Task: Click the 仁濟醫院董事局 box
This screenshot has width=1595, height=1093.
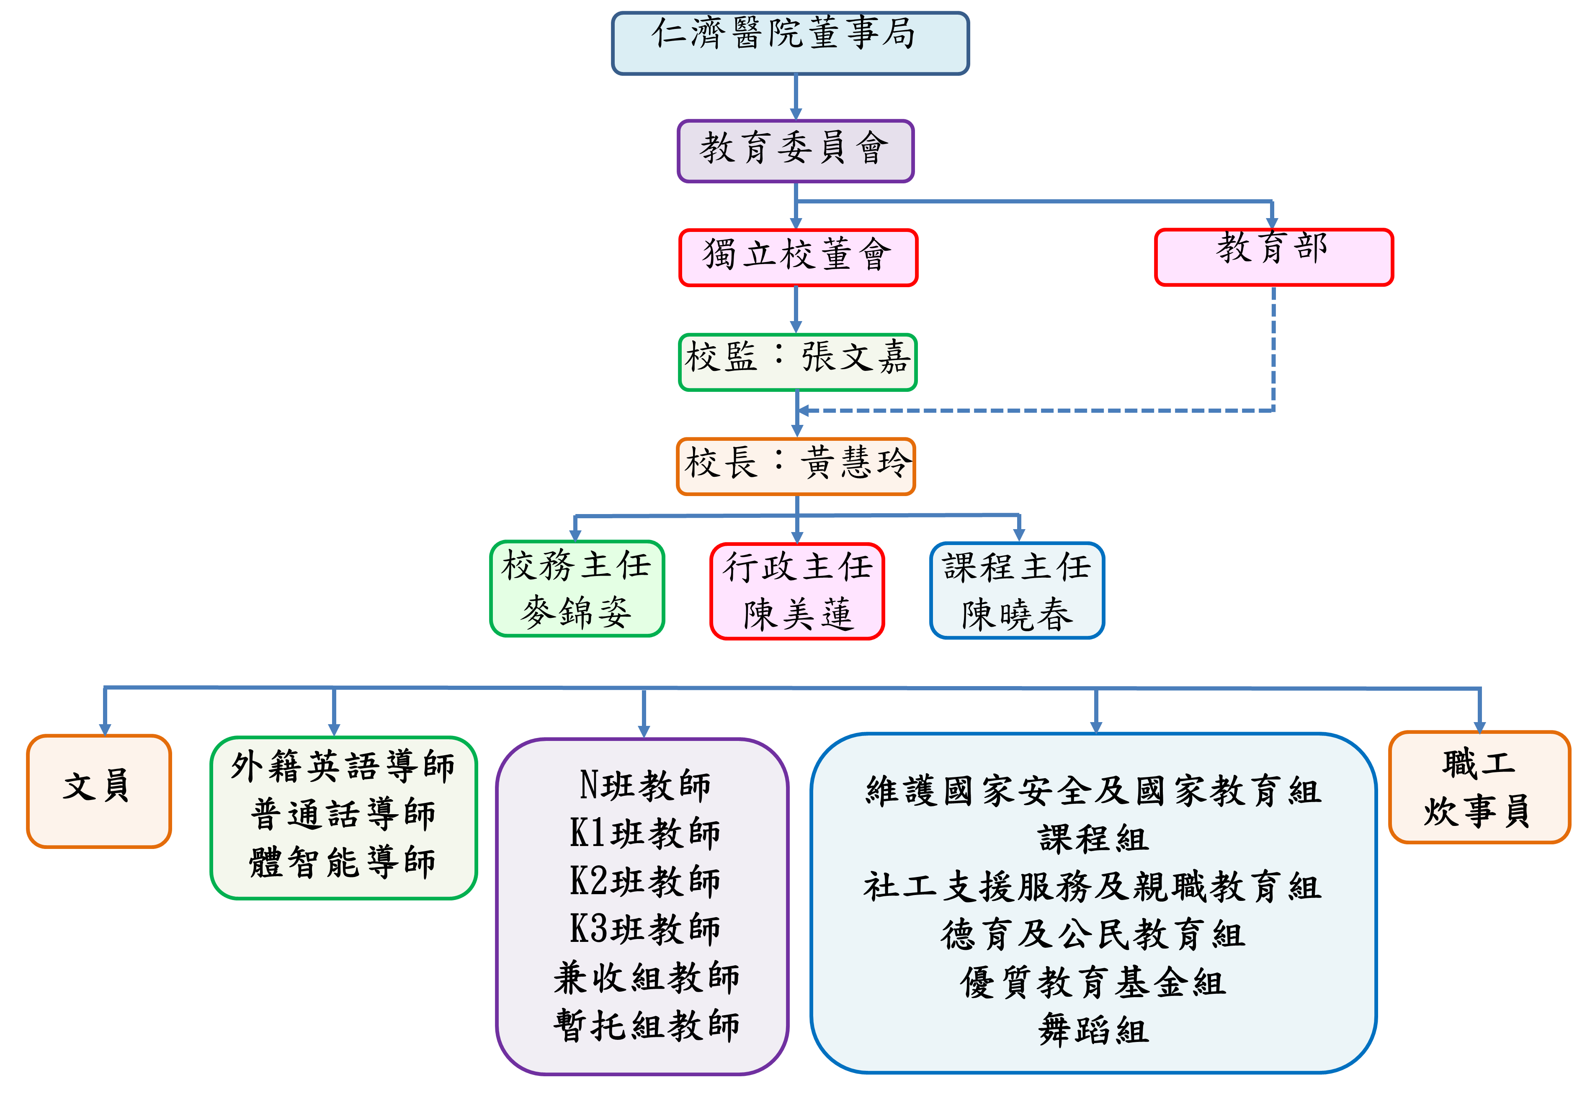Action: click(789, 43)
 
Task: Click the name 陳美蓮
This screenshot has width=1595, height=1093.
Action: click(797, 614)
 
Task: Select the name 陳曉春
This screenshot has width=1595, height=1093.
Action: click(1017, 614)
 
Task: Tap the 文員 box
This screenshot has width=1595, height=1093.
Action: click(98, 789)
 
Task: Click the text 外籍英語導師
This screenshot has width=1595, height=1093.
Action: click(343, 766)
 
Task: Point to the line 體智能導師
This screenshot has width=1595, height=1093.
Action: click(343, 862)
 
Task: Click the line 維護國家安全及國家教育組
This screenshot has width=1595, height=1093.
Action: click(1093, 792)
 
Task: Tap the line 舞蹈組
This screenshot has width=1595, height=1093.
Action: click(1093, 1031)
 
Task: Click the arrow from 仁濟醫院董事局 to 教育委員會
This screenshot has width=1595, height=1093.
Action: click(796, 96)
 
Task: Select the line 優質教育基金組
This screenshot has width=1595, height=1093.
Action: click(1093, 983)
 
